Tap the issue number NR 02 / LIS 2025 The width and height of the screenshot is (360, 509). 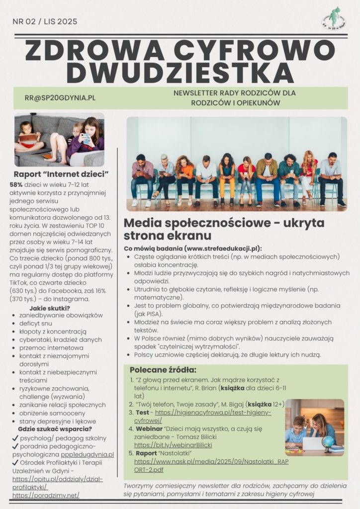[45, 21]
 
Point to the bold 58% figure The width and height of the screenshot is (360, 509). [16, 184]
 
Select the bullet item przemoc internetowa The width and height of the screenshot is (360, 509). [51, 347]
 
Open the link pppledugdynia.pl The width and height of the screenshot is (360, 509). [90, 454]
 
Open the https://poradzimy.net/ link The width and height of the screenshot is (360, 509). [46, 496]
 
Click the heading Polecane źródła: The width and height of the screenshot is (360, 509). [163, 370]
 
